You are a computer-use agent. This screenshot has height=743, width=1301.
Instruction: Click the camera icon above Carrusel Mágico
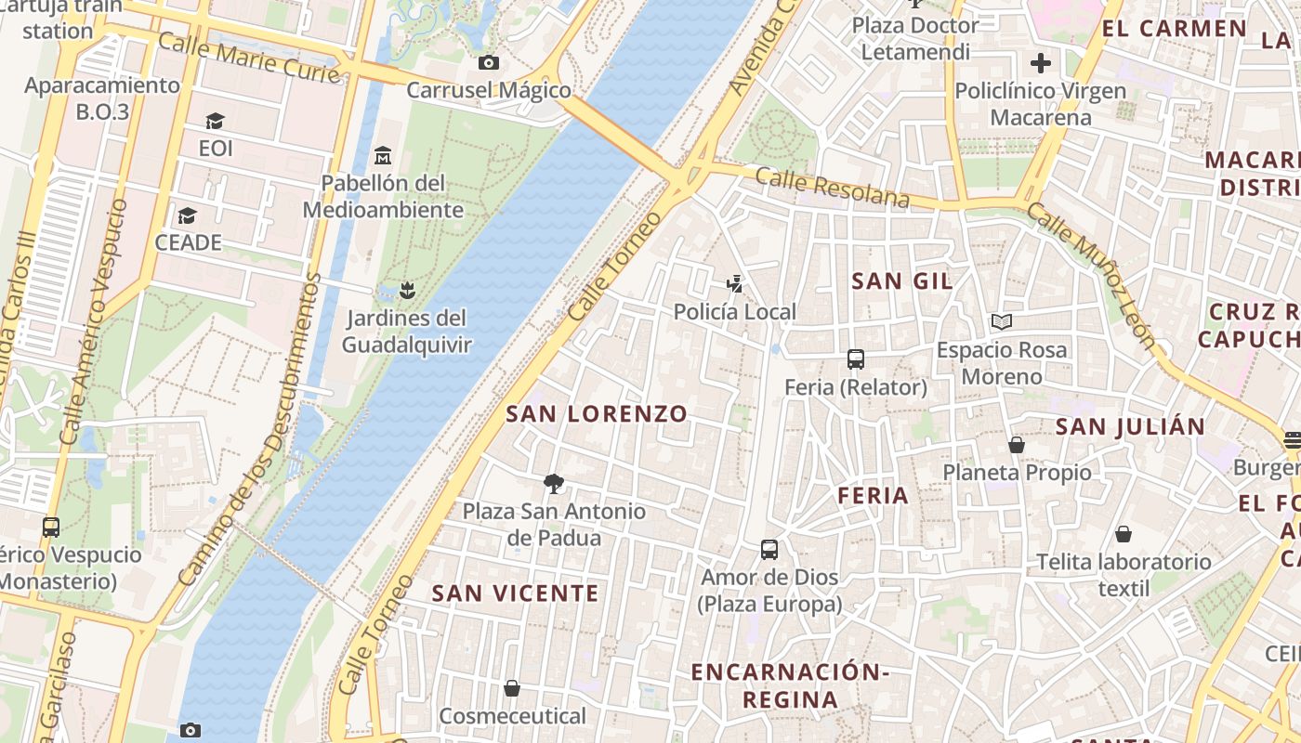point(488,63)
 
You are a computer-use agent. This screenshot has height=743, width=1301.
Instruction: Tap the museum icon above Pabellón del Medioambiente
point(383,155)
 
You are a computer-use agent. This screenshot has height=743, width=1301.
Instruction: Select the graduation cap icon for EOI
point(216,122)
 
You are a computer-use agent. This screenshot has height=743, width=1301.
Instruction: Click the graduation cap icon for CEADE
point(188,215)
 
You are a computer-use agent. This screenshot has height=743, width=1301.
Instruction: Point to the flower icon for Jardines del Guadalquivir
point(406,291)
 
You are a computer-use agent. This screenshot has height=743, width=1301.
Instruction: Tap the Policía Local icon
point(735,284)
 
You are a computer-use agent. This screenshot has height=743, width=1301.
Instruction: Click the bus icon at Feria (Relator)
point(856,359)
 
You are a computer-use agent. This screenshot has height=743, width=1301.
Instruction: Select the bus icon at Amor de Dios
point(769,550)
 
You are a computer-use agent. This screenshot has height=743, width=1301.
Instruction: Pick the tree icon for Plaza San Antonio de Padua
point(554,483)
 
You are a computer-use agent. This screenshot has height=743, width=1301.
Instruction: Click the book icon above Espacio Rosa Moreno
point(1002,322)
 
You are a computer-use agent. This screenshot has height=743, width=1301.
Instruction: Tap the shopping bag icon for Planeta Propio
point(1017,445)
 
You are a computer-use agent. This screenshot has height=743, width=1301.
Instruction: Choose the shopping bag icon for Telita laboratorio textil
point(1124,534)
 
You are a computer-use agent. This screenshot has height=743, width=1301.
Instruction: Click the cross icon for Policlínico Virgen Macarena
point(1041,63)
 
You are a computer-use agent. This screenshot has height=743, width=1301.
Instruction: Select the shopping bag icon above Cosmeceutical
point(512,688)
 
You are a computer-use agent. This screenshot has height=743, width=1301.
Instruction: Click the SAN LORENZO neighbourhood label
point(597,414)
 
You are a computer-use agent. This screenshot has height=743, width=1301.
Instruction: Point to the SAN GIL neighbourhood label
point(902,280)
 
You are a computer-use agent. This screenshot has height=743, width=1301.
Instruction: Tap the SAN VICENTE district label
point(516,593)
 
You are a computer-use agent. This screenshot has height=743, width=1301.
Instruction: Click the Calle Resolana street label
point(832,188)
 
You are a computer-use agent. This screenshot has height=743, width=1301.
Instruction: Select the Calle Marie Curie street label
point(249,57)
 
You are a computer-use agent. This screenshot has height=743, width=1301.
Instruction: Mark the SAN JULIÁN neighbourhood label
point(1130,427)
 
